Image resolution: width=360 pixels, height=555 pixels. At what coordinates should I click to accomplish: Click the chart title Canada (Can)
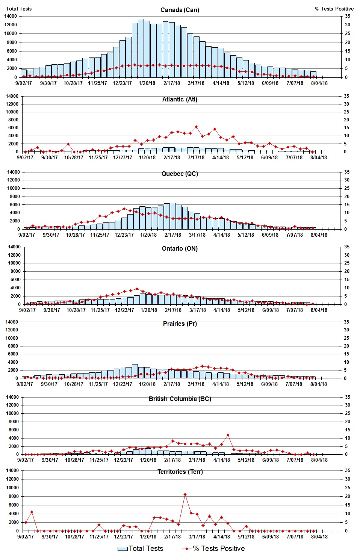coord(180,10)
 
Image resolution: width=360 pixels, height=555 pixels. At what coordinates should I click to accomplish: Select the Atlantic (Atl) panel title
coord(180,99)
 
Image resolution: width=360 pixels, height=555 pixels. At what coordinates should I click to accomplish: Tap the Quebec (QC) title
coord(180,174)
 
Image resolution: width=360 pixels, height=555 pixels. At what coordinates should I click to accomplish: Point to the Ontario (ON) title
coord(180,248)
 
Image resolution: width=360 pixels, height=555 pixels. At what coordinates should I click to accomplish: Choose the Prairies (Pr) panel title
coord(180,324)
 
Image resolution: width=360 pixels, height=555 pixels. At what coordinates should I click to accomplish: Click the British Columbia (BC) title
coord(180,399)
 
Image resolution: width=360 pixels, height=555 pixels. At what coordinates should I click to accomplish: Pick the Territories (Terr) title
coord(180,472)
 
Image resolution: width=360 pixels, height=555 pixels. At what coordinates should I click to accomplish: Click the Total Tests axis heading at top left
coord(19,9)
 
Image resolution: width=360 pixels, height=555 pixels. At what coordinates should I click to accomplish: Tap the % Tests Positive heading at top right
coord(334,9)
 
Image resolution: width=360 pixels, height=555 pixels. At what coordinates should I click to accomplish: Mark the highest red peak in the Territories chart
coord(185,495)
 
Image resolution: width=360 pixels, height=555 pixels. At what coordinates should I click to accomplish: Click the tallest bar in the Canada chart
coord(141,48)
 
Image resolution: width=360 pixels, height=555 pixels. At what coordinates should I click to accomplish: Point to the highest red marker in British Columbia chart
coord(228,435)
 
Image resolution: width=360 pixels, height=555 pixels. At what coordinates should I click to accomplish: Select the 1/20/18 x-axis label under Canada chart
coord(147,83)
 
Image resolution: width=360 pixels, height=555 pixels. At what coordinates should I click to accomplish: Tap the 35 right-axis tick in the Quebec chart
coord(347,172)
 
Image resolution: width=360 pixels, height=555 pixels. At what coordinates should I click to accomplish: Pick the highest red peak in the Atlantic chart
coord(196,127)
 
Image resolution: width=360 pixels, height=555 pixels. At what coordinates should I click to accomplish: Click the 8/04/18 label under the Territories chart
coord(319,537)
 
